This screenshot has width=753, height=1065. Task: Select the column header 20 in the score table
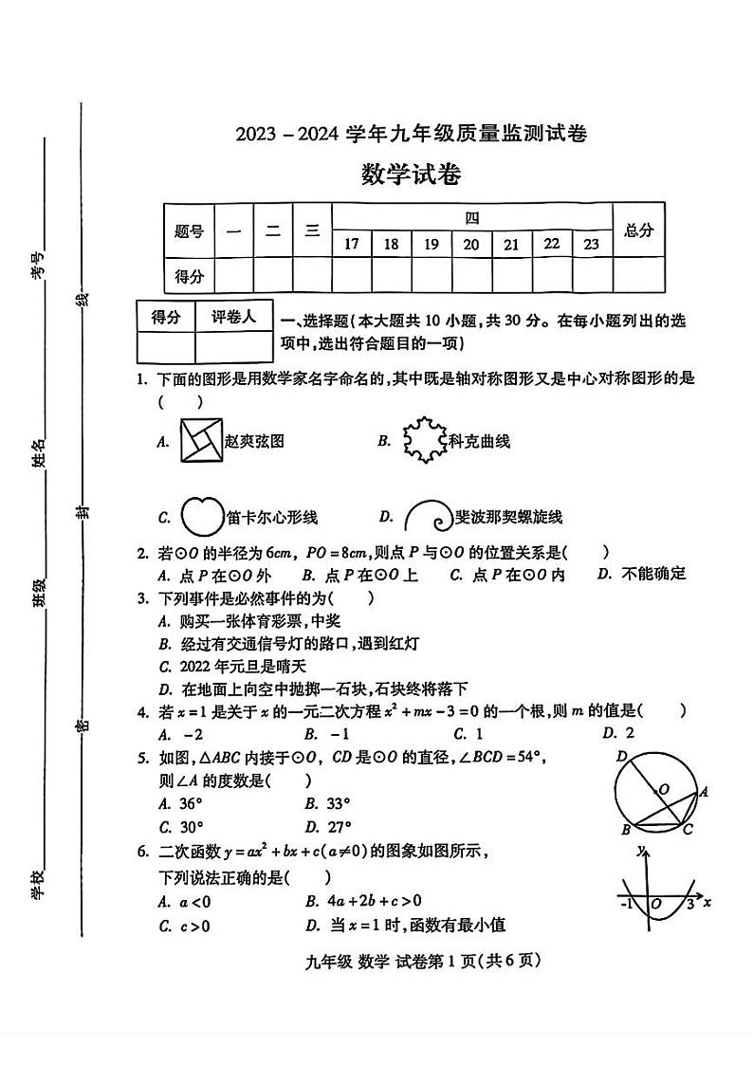pyautogui.click(x=470, y=244)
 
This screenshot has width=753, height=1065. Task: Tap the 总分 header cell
pyautogui.click(x=638, y=230)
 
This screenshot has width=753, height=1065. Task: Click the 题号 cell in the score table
pyautogui.click(x=189, y=230)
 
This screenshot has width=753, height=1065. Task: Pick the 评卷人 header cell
pyautogui.click(x=233, y=317)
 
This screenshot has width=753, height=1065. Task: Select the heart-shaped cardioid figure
pyautogui.click(x=200, y=515)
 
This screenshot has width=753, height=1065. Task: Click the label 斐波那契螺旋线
pyautogui.click(x=508, y=517)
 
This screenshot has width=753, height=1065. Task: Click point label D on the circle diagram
pyautogui.click(x=621, y=756)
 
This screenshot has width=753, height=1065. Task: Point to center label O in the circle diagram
pyautogui.click(x=663, y=789)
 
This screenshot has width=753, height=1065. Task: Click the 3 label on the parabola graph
pyautogui.click(x=689, y=904)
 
